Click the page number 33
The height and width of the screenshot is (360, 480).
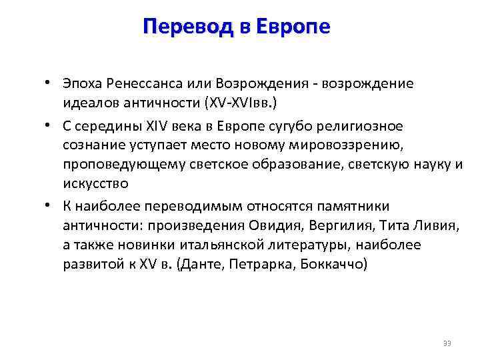pyautogui.click(x=447, y=344)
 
